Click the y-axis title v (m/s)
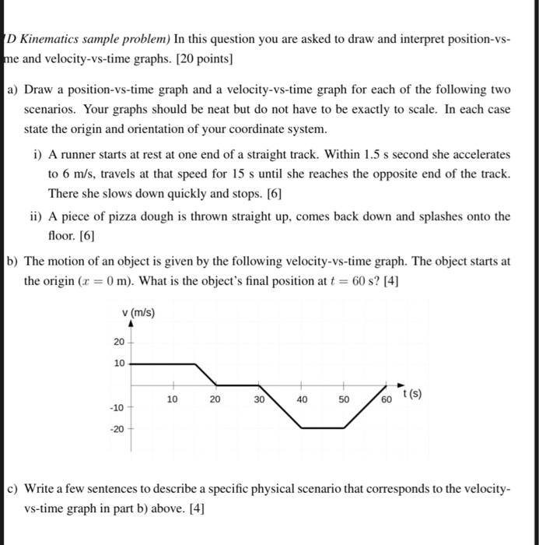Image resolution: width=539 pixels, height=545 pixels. (139, 314)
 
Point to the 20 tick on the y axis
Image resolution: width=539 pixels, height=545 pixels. (118, 342)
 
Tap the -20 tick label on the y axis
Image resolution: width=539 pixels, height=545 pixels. (116, 427)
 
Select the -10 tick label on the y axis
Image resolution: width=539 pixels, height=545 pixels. (116, 406)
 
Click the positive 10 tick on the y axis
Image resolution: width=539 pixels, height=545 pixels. (118, 363)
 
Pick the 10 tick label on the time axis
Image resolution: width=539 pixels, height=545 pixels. (173, 399)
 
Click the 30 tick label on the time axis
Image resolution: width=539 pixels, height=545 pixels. (259, 399)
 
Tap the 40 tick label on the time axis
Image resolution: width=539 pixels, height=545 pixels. (302, 399)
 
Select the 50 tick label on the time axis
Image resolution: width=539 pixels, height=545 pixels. (345, 399)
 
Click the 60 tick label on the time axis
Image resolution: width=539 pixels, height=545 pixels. (387, 400)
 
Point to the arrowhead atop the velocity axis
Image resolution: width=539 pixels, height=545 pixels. (130, 327)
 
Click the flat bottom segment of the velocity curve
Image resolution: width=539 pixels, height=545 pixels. (323, 427)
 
